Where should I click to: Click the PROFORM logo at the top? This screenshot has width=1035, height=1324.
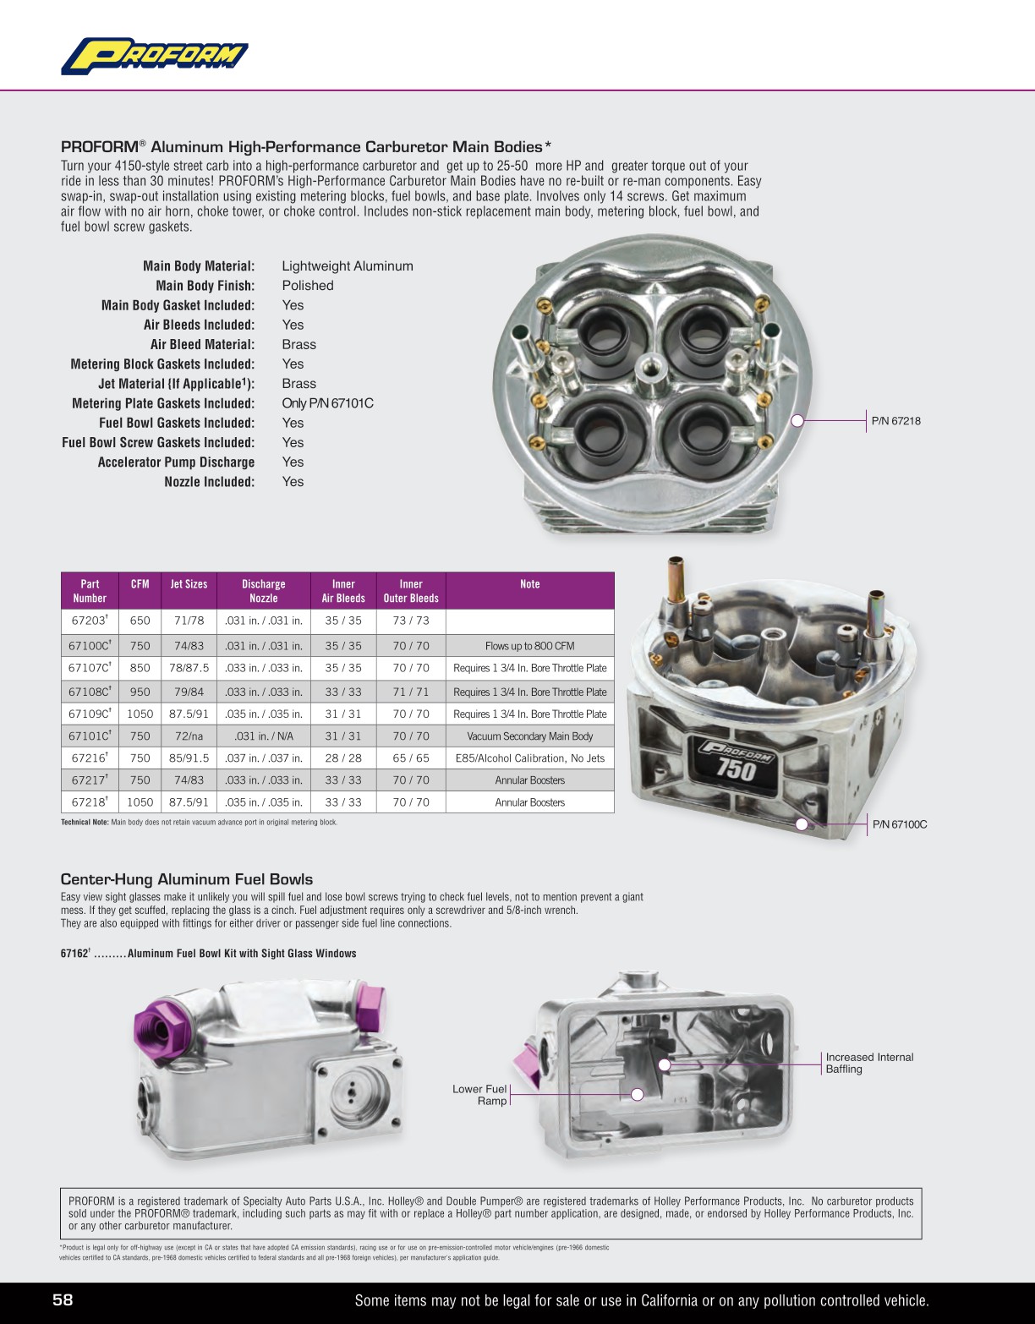click(x=155, y=56)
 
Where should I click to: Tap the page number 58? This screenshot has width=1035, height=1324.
click(x=63, y=1299)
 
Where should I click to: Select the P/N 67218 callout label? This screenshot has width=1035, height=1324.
click(x=895, y=420)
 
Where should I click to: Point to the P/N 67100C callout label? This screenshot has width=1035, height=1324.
click(x=899, y=824)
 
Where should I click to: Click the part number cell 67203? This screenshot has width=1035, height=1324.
click(x=89, y=621)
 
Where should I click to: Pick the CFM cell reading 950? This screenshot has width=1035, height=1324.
click(x=140, y=692)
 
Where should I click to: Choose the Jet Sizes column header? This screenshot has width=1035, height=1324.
click(x=189, y=584)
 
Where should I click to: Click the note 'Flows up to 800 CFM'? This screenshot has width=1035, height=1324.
click(x=529, y=646)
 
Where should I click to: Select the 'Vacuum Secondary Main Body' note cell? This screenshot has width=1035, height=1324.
click(x=529, y=736)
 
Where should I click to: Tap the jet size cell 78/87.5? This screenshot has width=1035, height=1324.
click(x=189, y=668)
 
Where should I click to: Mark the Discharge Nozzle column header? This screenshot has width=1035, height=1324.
click(x=263, y=591)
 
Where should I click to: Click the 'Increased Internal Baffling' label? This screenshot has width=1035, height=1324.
click(x=868, y=1063)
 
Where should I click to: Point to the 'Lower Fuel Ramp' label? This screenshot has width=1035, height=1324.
click(x=479, y=1095)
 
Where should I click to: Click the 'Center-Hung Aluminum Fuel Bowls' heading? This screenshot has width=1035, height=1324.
click(x=187, y=879)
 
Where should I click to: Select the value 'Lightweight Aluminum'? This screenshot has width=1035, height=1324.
click(x=348, y=266)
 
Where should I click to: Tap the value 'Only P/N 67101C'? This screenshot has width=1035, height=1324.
click(x=327, y=403)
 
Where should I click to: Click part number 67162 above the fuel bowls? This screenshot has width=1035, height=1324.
click(x=74, y=954)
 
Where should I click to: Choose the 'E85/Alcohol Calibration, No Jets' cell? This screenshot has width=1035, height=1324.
click(x=529, y=758)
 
